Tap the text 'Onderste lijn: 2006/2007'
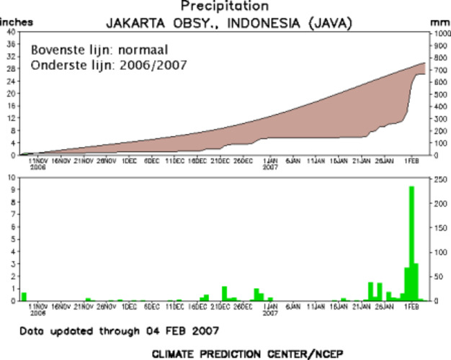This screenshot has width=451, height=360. tap(109, 65)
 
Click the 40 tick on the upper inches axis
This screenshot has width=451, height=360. tap(9, 32)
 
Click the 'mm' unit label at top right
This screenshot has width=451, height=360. tap(440, 22)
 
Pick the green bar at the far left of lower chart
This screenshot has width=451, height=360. tap(24, 296)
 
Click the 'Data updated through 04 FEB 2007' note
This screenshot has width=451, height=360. tap(120, 330)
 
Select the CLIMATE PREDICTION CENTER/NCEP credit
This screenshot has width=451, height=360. tap(226, 354)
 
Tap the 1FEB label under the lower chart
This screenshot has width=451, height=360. tap(411, 306)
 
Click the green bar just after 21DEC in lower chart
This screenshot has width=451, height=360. tap(224, 293)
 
